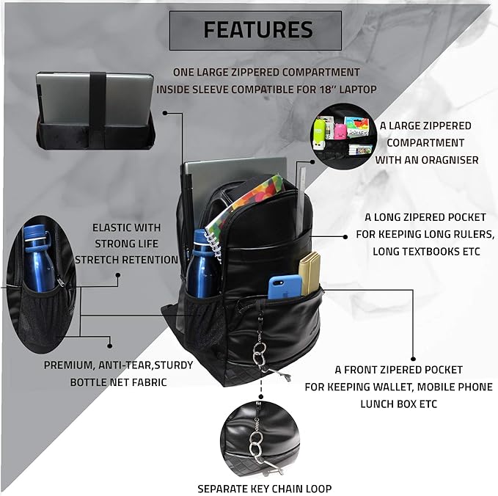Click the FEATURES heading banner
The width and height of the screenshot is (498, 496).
(257, 30)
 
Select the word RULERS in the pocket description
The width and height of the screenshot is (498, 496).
(475, 234)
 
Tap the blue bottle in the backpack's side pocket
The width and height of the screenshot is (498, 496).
(199, 266)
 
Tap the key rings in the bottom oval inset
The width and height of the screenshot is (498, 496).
(257, 447)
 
